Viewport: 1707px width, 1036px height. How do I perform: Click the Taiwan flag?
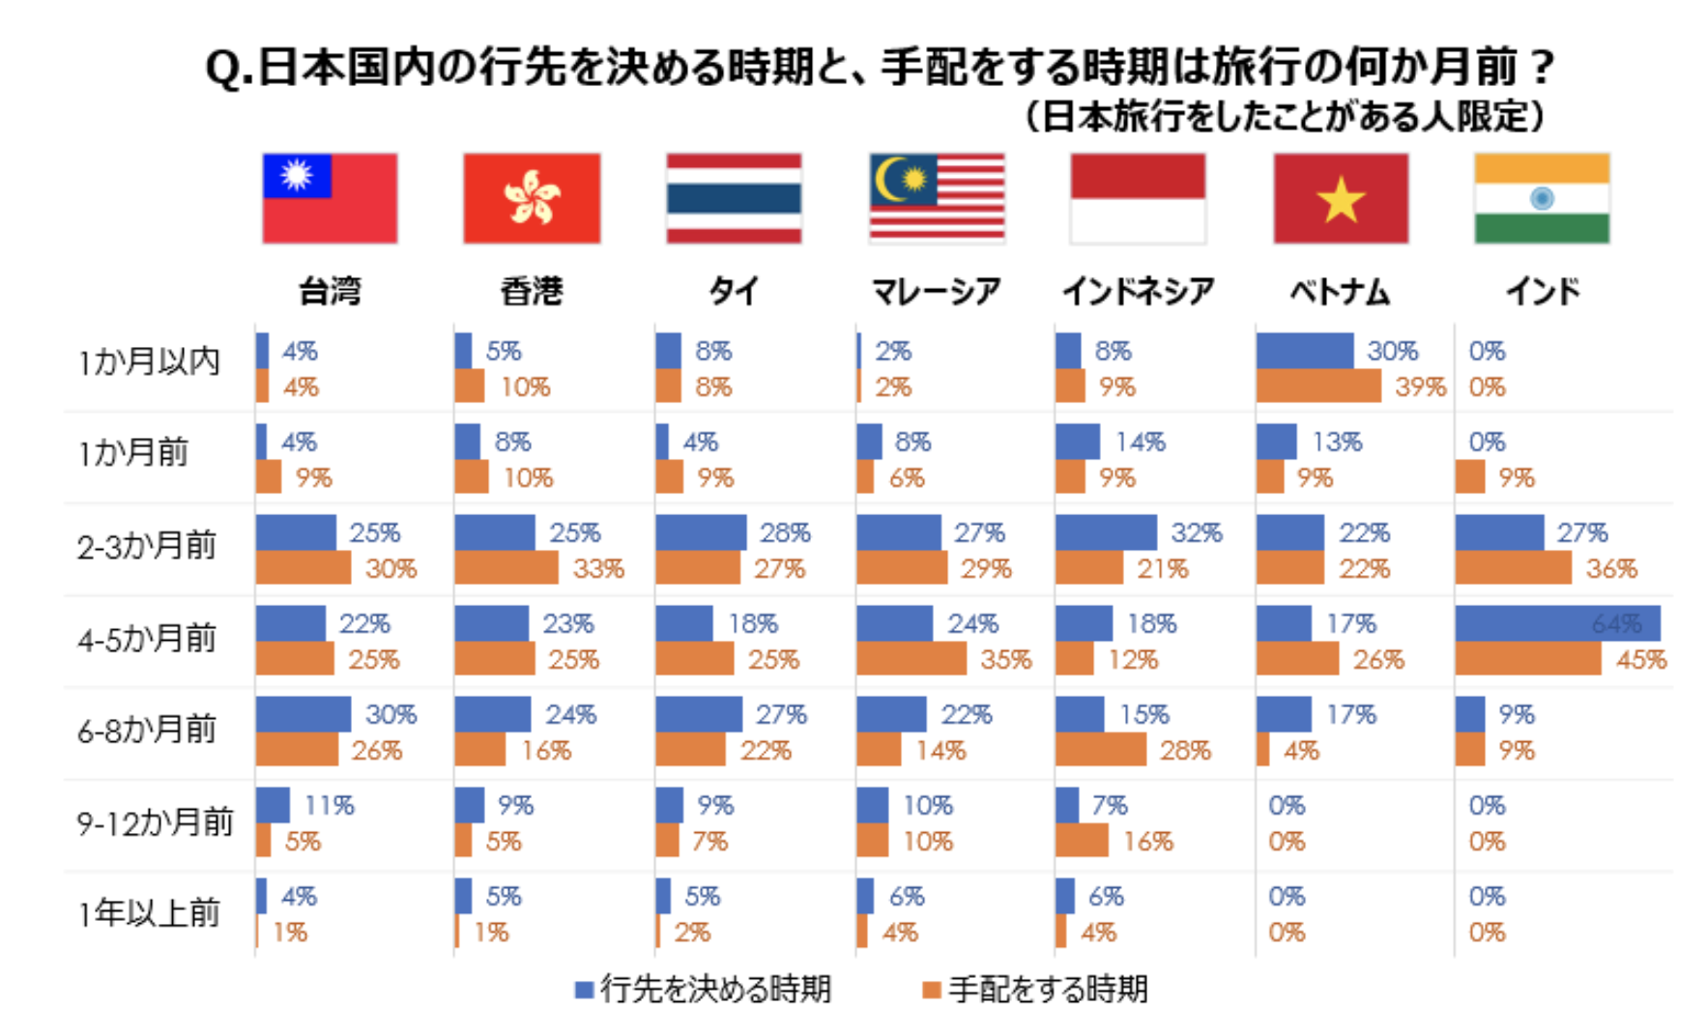[330, 198]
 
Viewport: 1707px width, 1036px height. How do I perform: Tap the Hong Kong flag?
[532, 198]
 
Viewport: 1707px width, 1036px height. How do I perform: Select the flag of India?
[1542, 198]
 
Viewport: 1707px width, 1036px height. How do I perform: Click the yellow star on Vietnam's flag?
[1341, 201]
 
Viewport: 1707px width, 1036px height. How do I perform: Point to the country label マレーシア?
[936, 291]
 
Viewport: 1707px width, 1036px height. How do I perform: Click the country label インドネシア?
[1138, 291]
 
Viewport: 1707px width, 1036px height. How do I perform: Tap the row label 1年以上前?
[149, 913]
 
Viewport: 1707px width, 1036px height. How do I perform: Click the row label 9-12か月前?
[155, 822]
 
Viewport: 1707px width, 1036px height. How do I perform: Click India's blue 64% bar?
[1557, 623]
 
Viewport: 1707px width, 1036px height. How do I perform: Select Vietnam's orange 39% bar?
[1318, 387]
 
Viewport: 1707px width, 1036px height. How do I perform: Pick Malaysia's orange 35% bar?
[911, 659]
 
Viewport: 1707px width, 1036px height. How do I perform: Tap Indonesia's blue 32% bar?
[1106, 532]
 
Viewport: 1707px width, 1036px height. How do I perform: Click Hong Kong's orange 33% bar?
[506, 568]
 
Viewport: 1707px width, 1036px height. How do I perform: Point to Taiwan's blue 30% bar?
[304, 714]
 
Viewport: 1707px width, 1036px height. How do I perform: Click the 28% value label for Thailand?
[785, 532]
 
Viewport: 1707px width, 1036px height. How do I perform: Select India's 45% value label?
[1641, 660]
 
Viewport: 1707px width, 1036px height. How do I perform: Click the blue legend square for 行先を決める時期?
[584, 990]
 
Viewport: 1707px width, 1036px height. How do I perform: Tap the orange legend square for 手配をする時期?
[932, 990]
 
